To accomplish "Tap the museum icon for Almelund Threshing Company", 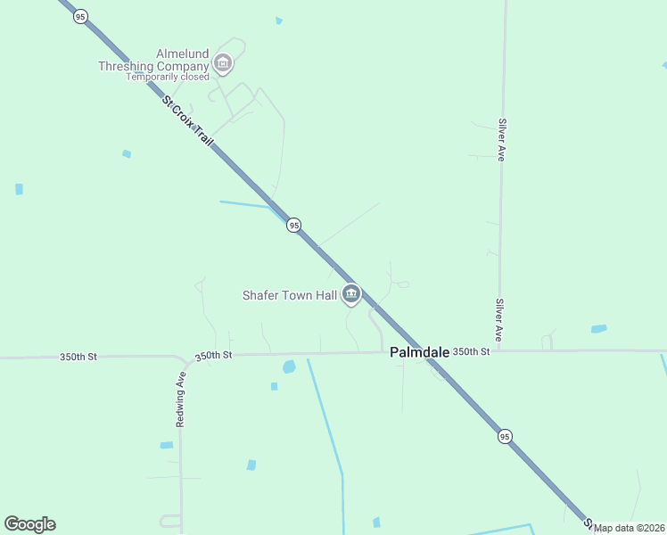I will (x=223, y=63).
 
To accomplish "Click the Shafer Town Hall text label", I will (x=289, y=294).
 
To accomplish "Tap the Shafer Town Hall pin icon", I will (x=351, y=293).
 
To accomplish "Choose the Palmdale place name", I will (x=419, y=352).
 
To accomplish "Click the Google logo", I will (x=29, y=524).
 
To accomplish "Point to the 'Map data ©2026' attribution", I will (x=630, y=528).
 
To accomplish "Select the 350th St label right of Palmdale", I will (x=471, y=351).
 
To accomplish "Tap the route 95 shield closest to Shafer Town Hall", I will (x=293, y=226).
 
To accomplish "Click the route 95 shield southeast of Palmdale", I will (x=506, y=436).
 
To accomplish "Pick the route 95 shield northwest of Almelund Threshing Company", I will (x=80, y=17).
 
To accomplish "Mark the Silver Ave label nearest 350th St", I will (x=500, y=319).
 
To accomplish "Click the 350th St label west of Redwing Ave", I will (x=78, y=357).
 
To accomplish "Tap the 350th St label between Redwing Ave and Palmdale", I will (x=213, y=355).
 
